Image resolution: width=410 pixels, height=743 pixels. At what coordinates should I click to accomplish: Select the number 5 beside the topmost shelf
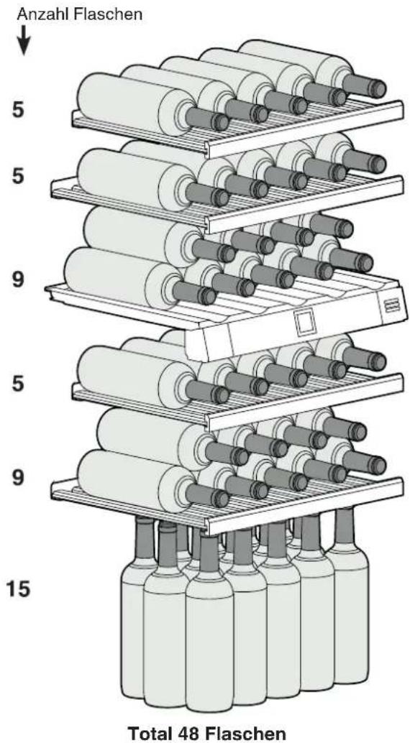(x=17, y=110)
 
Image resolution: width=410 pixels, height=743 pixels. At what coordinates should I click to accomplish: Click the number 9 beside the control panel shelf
(x=17, y=280)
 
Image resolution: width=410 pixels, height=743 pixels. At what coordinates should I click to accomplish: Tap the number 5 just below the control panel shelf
(x=17, y=383)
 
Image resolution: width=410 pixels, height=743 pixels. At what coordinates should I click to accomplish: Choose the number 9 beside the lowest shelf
(x=17, y=478)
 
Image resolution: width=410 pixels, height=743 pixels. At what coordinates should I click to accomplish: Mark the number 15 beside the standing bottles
(x=19, y=590)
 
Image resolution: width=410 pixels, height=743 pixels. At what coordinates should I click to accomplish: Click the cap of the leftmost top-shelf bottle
(x=221, y=121)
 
